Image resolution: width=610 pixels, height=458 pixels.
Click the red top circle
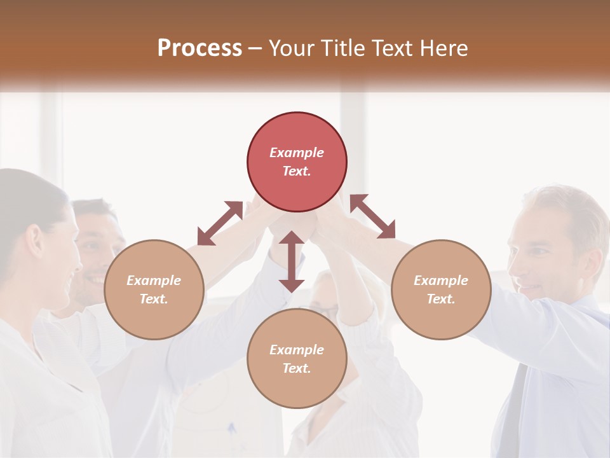(x=297, y=162)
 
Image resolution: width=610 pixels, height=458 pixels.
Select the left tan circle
(x=154, y=289)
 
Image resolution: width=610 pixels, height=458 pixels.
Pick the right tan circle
(x=441, y=289)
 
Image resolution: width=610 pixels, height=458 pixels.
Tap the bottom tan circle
(x=297, y=359)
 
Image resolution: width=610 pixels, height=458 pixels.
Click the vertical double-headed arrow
(x=292, y=261)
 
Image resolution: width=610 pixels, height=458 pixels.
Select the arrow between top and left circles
(x=220, y=223)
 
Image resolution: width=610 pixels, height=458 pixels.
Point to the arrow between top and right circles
(x=372, y=217)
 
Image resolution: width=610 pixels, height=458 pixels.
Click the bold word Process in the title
(x=200, y=48)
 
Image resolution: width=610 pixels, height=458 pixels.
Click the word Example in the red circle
(x=297, y=153)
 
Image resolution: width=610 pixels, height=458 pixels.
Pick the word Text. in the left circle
(x=154, y=299)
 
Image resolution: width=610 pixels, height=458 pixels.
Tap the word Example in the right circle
(x=441, y=281)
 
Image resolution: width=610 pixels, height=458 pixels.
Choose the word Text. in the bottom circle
(x=297, y=368)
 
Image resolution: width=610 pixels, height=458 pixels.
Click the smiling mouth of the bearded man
(x=95, y=279)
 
